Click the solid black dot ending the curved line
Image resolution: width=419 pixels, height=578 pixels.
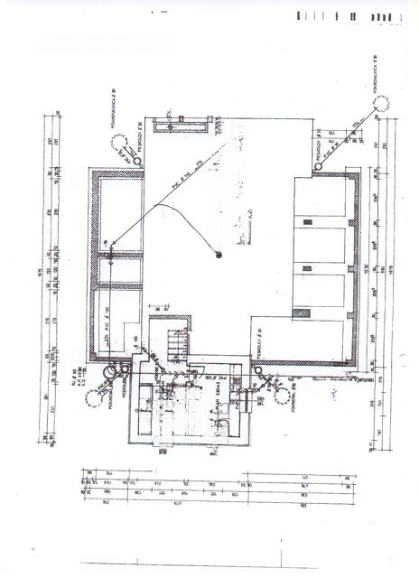point(218,256)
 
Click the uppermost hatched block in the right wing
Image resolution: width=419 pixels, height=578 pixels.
point(308,221)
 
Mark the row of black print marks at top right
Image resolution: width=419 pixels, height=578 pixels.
point(349,16)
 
